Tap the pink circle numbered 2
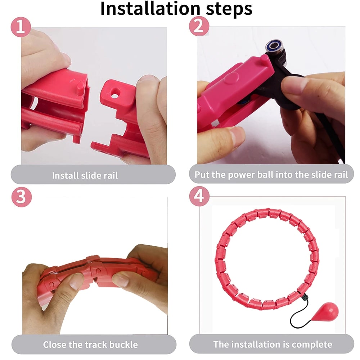[199, 26]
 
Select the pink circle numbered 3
[21, 197]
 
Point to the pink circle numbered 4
[199, 197]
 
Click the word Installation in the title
[149, 9]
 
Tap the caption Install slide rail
[85, 176]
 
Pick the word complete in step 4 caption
[311, 344]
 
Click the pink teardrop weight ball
[328, 312]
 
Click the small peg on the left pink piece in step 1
[80, 87]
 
